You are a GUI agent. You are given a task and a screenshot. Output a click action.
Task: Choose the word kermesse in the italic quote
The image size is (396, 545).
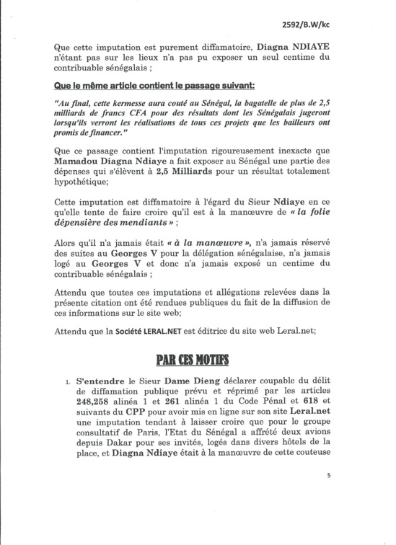(138, 104)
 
